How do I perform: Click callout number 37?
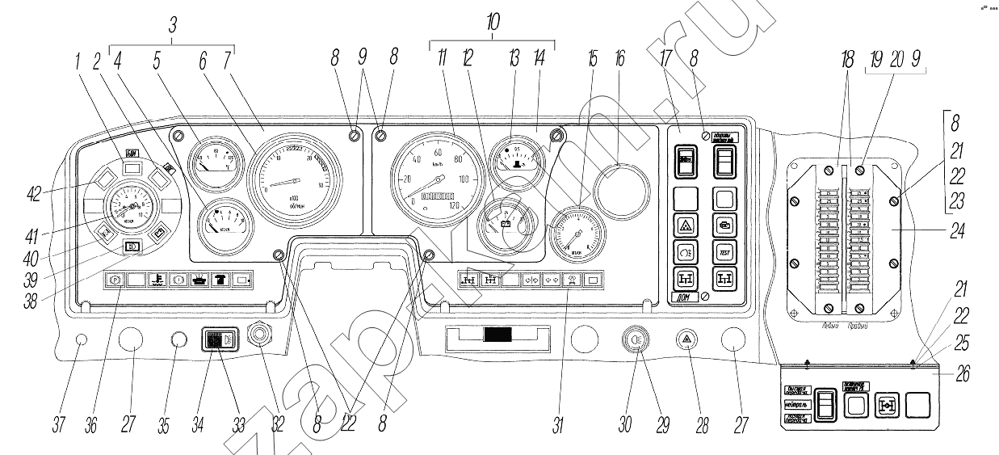[x=59, y=426]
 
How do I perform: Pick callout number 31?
[x=557, y=426]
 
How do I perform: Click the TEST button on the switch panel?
[x=724, y=251]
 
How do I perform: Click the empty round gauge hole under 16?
[x=621, y=190]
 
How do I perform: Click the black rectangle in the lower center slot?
[x=496, y=335]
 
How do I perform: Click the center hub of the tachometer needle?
[x=297, y=178]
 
